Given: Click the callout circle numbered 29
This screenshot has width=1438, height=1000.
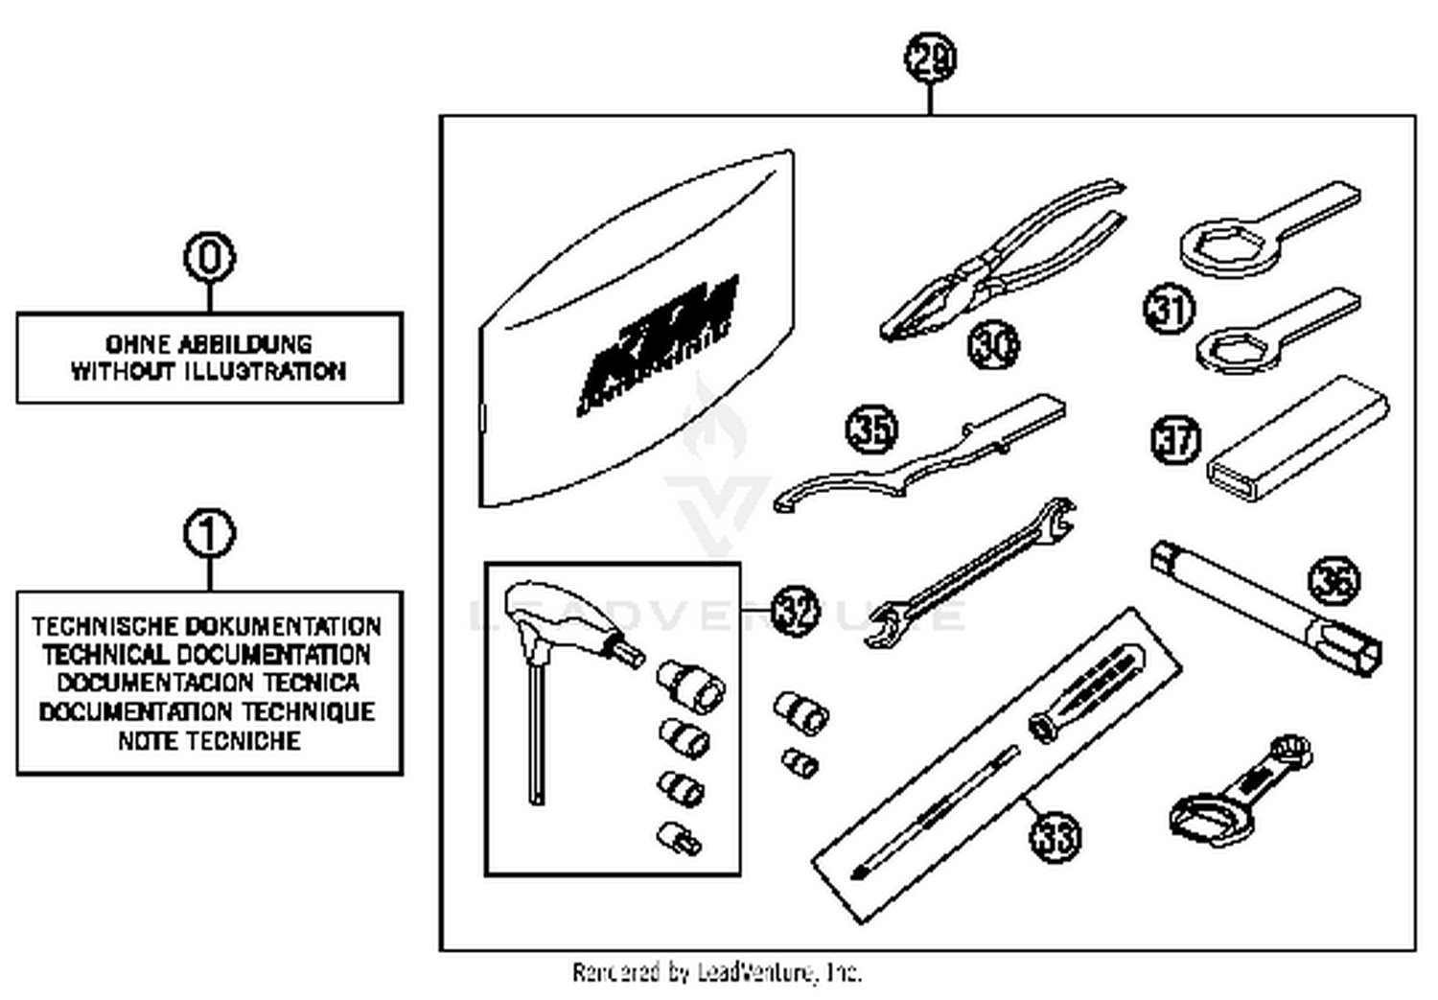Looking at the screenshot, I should click(930, 58).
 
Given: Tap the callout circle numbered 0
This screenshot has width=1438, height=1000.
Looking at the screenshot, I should click(209, 257).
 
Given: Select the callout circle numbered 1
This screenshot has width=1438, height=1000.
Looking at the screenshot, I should click(209, 534).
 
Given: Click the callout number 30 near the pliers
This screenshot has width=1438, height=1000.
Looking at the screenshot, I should click(993, 344).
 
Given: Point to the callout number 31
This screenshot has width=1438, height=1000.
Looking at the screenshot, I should click(1169, 310).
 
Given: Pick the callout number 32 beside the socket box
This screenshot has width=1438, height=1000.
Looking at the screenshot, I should click(795, 611).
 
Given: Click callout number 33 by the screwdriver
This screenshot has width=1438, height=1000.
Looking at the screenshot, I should click(1055, 836).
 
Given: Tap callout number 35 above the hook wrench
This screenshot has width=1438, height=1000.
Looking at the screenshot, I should click(871, 430).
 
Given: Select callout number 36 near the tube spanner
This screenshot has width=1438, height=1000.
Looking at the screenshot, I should click(1334, 581).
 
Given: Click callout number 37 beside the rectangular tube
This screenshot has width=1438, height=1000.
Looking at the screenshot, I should click(1175, 440).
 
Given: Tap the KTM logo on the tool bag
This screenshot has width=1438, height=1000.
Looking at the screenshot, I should click(661, 345).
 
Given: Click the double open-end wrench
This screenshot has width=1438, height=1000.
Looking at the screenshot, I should click(968, 575).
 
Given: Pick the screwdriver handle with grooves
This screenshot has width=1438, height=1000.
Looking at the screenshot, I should click(1088, 690).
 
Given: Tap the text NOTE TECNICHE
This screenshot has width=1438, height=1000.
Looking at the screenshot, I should click(209, 741).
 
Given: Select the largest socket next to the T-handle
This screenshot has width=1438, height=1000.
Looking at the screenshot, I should click(690, 683).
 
